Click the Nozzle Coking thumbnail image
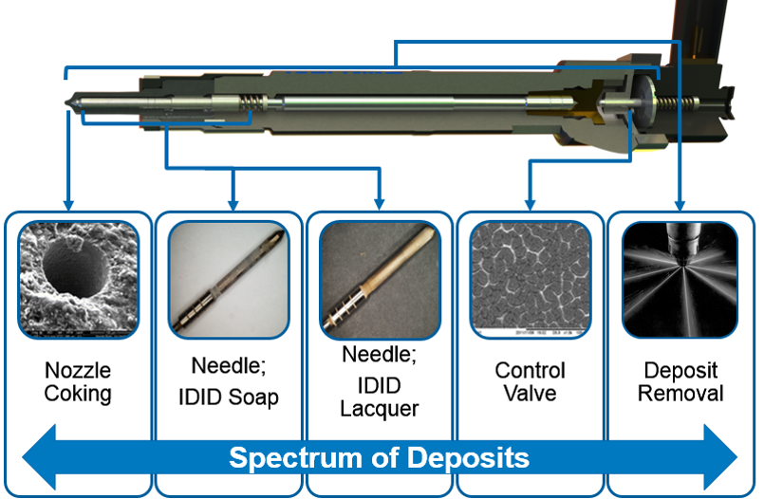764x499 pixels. (x=79, y=280)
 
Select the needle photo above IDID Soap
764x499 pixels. (x=230, y=280)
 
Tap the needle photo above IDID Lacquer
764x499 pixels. (x=380, y=280)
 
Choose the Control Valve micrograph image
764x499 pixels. (x=531, y=280)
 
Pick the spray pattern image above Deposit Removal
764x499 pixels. (x=680, y=280)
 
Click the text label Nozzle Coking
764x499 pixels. (x=78, y=380)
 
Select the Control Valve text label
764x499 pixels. (x=530, y=380)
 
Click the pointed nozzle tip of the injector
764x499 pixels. (x=69, y=99)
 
